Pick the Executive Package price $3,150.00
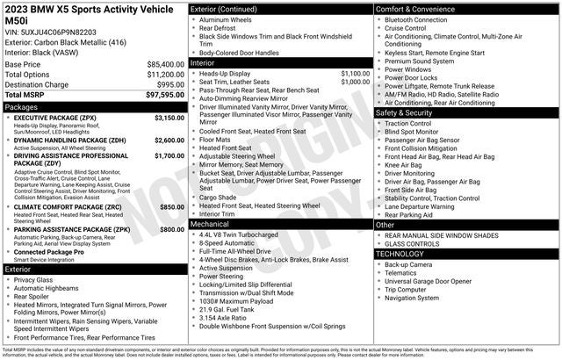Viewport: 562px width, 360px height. coord(169,118)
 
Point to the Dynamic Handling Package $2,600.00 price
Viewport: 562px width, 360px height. coord(169,140)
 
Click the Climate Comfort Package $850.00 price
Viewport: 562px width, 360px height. coord(172,206)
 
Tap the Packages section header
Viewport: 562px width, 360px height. coord(21,107)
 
